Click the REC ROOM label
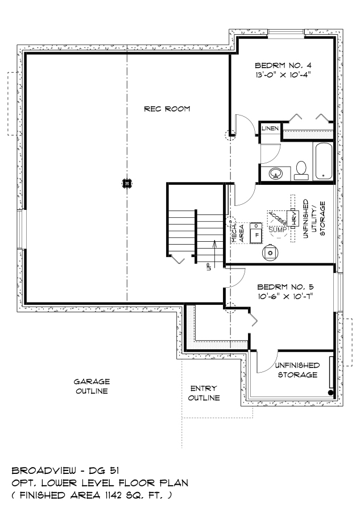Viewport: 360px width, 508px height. (x=167, y=109)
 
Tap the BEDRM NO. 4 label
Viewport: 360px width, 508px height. (x=283, y=65)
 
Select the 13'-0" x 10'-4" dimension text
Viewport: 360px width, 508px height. (x=283, y=75)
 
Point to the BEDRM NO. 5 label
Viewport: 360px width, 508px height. (x=285, y=287)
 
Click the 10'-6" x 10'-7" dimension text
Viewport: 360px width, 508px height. (x=285, y=296)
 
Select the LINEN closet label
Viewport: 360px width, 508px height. (x=270, y=129)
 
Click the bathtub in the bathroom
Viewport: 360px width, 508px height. (x=324, y=161)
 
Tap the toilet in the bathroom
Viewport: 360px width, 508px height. (x=301, y=171)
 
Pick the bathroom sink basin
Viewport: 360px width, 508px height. (x=276, y=174)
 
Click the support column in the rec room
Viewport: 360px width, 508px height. (x=127, y=183)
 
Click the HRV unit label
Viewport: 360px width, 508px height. (x=294, y=219)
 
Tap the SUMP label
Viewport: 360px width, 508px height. (x=278, y=230)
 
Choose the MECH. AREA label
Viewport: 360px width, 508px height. (x=238, y=233)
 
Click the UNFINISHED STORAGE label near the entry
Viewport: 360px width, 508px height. (x=297, y=370)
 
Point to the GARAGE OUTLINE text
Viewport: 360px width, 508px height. (x=92, y=386)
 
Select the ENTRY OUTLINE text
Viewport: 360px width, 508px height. (x=204, y=393)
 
